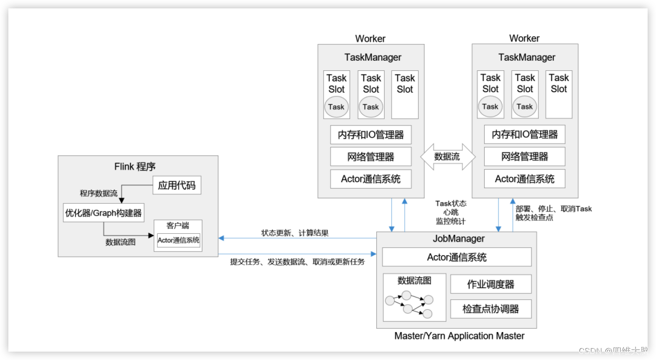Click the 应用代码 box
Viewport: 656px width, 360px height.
coord(176,185)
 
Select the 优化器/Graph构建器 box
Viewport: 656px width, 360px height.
coord(103,213)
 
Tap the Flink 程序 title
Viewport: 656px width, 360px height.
coord(135,166)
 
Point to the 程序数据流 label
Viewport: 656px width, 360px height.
coord(98,193)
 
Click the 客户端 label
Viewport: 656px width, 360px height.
coord(178,226)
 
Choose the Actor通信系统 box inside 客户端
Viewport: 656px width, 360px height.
coord(178,240)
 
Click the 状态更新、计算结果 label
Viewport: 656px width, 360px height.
coord(295,233)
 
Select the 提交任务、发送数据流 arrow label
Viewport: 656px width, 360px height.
coord(298,262)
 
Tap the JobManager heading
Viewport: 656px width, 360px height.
coord(459,238)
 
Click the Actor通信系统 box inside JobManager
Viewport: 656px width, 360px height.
coord(457,257)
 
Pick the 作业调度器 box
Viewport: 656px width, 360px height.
coord(491,284)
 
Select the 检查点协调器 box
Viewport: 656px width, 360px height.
coord(491,309)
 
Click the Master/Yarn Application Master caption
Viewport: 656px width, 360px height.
coord(459,336)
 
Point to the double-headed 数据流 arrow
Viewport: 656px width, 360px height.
coord(447,157)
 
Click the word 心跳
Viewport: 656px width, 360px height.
coord(451,212)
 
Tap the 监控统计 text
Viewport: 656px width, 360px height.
coord(451,221)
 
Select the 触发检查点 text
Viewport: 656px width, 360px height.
coord(534,217)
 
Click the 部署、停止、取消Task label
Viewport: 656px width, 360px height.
coord(554,209)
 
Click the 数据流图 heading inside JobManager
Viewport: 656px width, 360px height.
coord(414,280)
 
